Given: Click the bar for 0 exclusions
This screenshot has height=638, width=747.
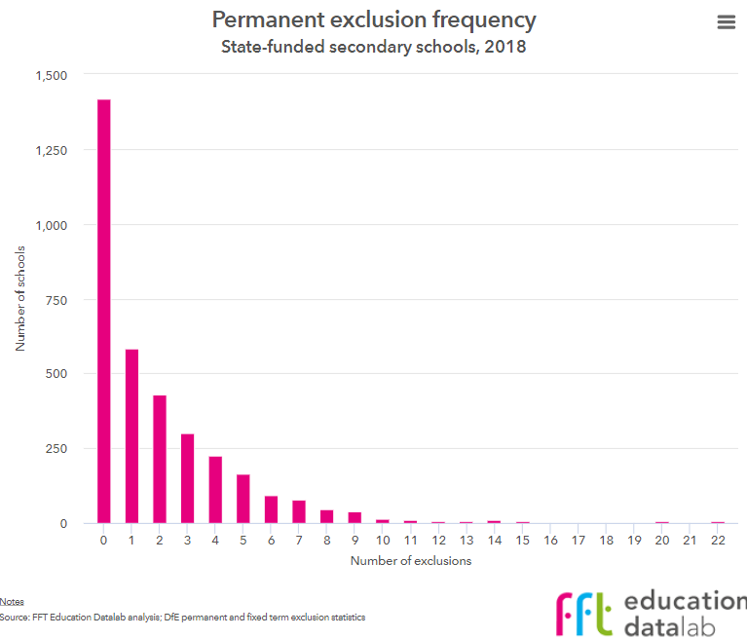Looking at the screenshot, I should pos(103,312).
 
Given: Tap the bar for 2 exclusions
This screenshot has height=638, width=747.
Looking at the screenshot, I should pos(160,460).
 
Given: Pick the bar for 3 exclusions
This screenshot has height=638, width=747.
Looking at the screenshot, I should pos(187,478).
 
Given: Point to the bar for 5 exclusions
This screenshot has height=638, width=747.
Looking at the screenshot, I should pos(243,499).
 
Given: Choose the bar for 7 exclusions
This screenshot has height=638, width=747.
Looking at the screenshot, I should pos(299,512).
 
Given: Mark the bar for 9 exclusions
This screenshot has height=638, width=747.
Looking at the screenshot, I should pos(355,518).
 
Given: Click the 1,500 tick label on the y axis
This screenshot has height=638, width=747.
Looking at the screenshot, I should pos(51,76).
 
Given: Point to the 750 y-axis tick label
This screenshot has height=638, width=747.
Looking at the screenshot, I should pos(57,300).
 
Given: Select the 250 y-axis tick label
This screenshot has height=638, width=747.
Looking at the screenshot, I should pos(57,449).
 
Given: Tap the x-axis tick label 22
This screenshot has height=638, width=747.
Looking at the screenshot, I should pos(718,539).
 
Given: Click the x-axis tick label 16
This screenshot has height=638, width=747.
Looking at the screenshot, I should pos(550,539).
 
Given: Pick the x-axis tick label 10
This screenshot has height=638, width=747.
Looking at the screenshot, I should pos(383,539).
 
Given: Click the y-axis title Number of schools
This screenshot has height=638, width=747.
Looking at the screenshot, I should pos(19,299).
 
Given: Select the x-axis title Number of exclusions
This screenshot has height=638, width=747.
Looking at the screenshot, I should pos(410,560).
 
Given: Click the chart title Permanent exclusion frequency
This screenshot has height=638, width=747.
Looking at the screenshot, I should pos(374,19).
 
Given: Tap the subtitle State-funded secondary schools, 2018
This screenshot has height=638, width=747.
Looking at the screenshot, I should pos(374,46).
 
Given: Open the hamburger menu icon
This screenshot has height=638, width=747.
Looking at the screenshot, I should pos(726,22).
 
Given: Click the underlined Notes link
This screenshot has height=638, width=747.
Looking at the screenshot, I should pos(12,602).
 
